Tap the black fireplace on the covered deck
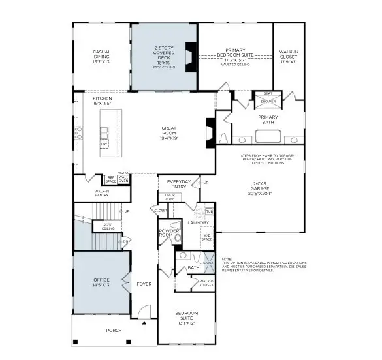click(190, 57)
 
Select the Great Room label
click(170, 133)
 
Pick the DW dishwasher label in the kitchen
click(104, 143)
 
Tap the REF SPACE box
click(110, 178)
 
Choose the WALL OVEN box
click(123, 178)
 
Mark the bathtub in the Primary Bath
click(268, 137)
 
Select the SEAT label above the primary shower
click(268, 94)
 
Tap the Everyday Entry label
click(178, 184)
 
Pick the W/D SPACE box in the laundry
click(206, 237)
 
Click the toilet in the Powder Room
click(178, 240)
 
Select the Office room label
click(101, 282)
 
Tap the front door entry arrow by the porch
click(143, 322)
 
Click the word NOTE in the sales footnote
click(227, 258)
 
